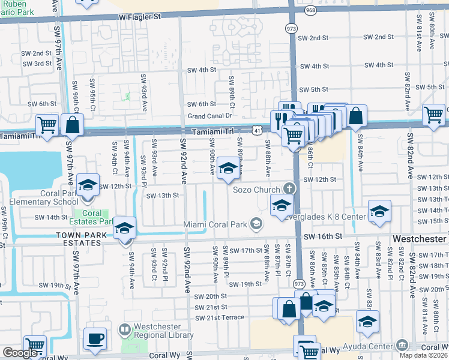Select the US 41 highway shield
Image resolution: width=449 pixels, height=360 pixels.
(256, 129)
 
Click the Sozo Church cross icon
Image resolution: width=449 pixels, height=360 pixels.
(289, 189)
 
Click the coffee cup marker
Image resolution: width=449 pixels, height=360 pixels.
(95, 338)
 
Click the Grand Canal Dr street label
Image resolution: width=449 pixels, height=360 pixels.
(209, 115)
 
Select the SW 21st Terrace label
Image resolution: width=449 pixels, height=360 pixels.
(220, 317)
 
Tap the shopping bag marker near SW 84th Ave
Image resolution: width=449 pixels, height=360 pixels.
(356, 116)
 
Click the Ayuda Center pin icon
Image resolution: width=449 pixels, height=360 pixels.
(402, 344)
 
